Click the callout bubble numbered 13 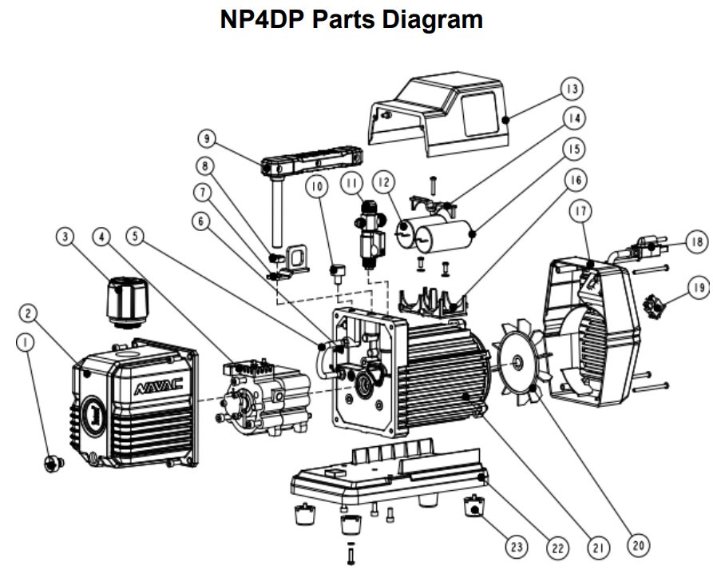tap(572, 87)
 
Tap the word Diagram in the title tap(432, 19)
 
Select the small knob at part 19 tap(658, 305)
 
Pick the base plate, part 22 tap(391, 478)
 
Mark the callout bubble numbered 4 tap(101, 236)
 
